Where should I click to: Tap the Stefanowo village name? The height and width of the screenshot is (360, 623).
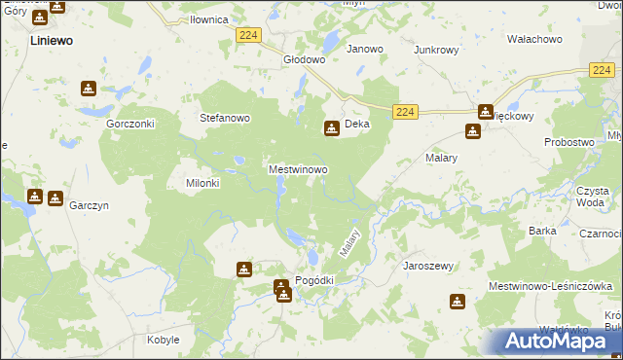[x=225, y=118]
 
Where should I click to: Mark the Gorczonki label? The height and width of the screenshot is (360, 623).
[x=132, y=126]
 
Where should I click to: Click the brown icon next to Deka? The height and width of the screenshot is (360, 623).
[x=331, y=126]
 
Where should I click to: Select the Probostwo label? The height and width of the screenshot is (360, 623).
[x=568, y=142]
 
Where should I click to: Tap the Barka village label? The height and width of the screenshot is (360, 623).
[x=542, y=231]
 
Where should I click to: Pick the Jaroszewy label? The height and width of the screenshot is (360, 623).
[x=428, y=265]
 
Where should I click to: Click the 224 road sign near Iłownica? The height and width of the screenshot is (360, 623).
[x=247, y=35]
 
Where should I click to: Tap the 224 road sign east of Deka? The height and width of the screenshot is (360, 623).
[x=407, y=113]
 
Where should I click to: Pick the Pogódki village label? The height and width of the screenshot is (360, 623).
[x=313, y=280]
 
